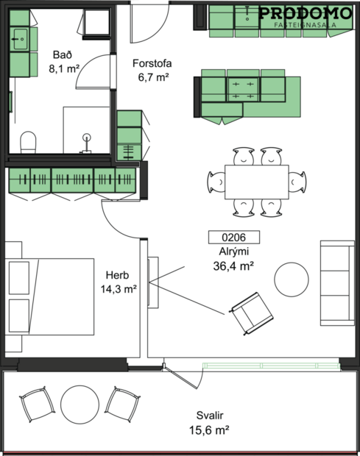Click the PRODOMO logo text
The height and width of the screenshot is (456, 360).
pyautogui.click(x=304, y=13)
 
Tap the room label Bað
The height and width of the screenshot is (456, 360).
pyautogui.click(x=62, y=55)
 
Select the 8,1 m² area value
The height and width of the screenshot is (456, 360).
pyautogui.click(x=63, y=68)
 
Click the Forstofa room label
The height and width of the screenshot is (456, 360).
pyautogui.click(x=152, y=63)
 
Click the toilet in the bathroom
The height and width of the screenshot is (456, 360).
pyautogui.click(x=28, y=141)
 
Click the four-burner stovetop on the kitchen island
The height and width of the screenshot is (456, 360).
pyautogui.click(x=243, y=90)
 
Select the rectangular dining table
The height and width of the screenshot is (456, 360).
pyautogui.click(x=255, y=181)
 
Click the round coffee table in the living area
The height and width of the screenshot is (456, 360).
pyautogui.click(x=292, y=279)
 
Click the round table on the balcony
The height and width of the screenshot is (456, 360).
pyautogui.click(x=80, y=405)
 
